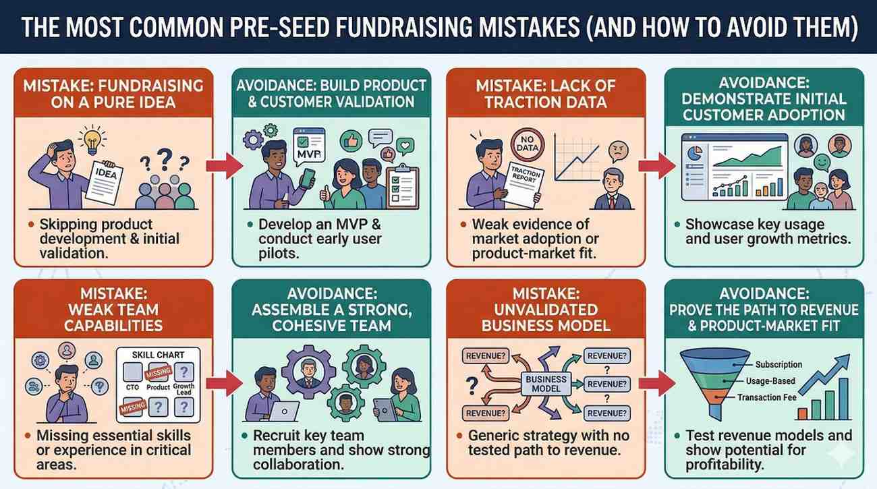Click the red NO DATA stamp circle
528,144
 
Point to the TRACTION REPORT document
523,185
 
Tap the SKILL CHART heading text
158,355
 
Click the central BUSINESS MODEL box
546,384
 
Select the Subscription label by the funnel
779,364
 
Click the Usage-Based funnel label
770,381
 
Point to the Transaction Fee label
766,397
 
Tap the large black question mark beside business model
472,385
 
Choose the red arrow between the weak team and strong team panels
225,383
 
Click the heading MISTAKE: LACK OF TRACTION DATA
546,94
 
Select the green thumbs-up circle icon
350,141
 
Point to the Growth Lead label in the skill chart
183,389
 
